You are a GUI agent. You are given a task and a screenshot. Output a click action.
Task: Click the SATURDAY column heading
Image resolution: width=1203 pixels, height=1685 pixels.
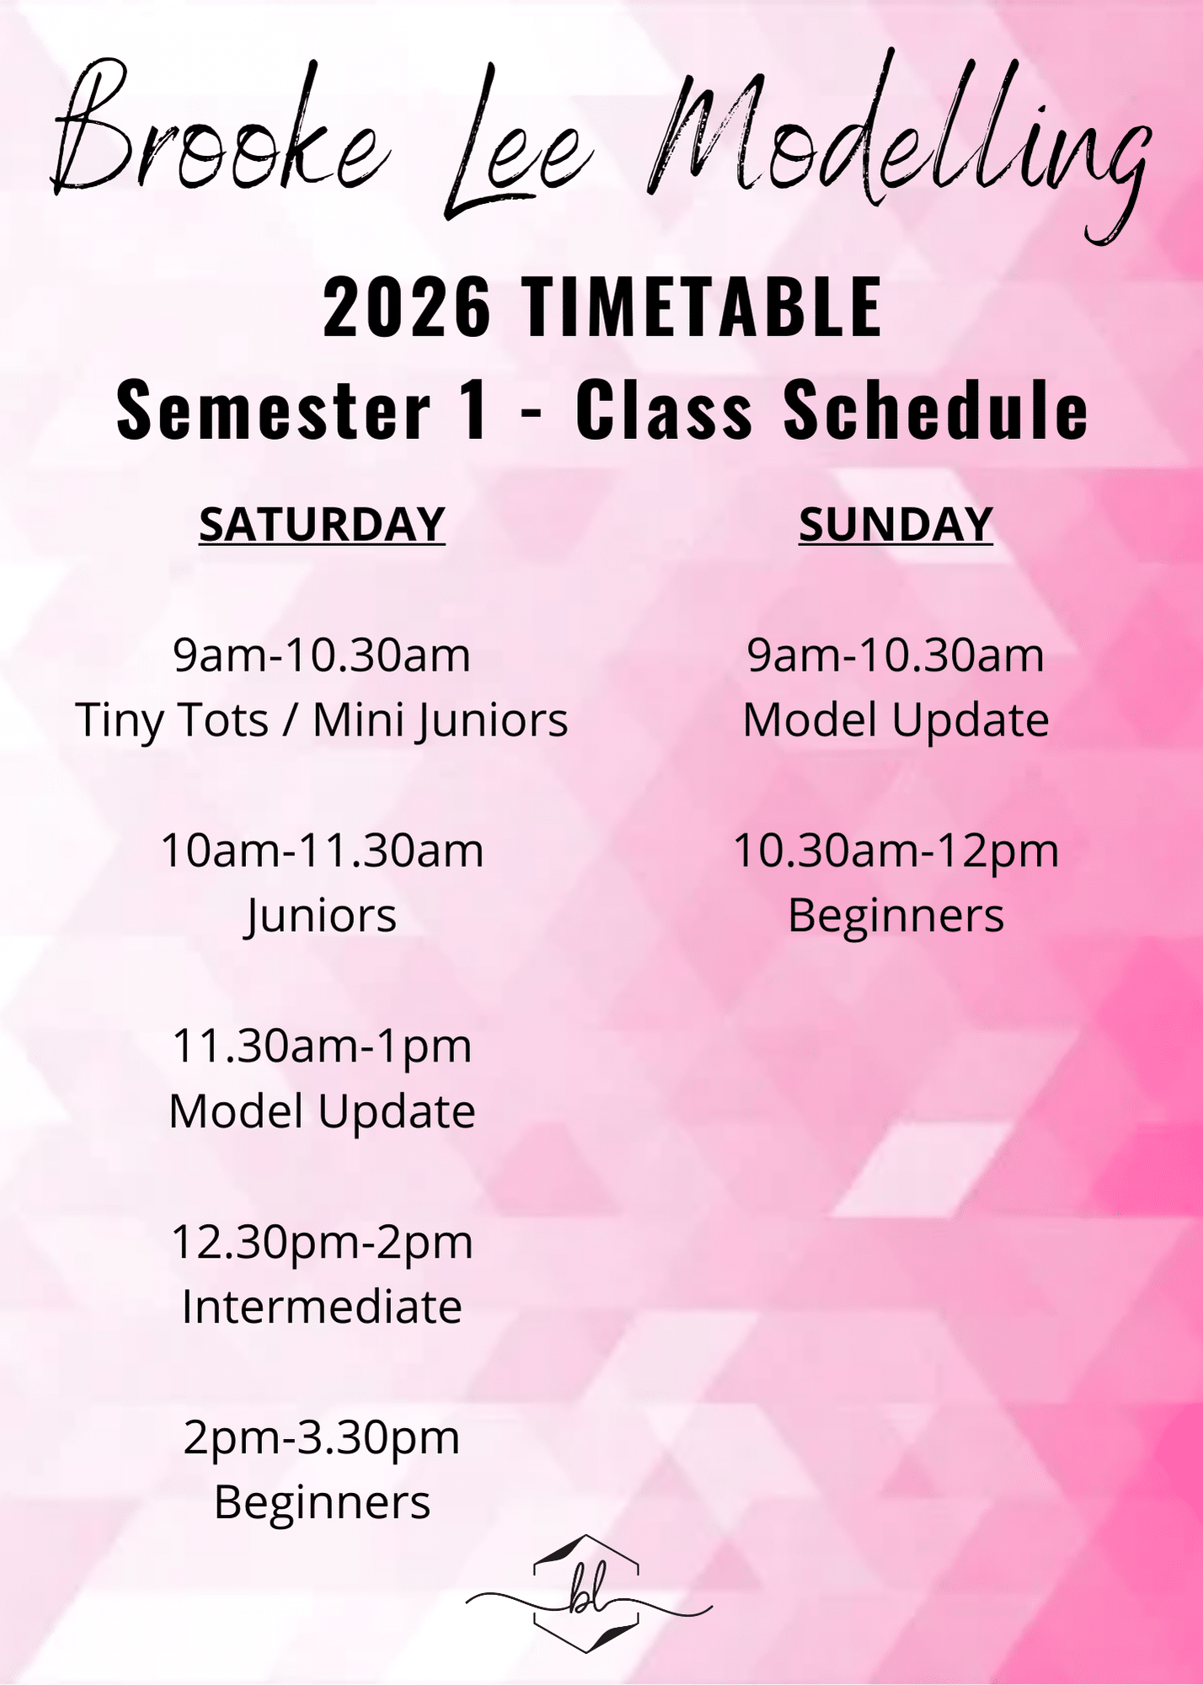pos(322,525)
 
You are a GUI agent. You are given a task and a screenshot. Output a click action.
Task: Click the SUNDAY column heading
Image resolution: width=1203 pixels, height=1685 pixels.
pos(896,525)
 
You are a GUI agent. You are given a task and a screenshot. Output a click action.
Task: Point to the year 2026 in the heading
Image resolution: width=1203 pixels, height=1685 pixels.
pos(407,308)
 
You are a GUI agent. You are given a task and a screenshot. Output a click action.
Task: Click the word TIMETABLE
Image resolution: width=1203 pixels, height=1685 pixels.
pos(702,308)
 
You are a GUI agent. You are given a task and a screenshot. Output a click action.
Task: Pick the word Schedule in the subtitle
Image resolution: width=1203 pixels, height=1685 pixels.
pos(936,410)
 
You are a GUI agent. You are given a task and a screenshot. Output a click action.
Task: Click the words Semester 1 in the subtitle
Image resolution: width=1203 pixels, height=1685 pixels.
pos(302,410)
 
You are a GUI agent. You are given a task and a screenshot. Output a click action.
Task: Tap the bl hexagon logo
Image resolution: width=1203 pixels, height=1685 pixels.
pos(588,1593)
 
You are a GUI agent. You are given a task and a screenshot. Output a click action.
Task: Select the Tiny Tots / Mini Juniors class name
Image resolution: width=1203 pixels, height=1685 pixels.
pos(322,721)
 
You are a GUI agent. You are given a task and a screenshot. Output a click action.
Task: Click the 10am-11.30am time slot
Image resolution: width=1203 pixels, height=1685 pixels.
pos(322,851)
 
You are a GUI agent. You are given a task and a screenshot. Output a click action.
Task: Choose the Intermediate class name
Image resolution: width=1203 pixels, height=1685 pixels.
pos(322,1307)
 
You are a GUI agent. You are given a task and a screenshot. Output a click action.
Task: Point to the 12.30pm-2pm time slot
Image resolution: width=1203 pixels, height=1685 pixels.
pos(322,1244)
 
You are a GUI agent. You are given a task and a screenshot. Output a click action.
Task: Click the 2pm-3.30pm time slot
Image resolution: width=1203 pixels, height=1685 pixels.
pos(322,1439)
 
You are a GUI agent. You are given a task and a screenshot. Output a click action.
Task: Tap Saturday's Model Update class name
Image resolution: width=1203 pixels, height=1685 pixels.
pos(322,1112)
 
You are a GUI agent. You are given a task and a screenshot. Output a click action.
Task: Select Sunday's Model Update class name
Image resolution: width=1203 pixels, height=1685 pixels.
pos(896,721)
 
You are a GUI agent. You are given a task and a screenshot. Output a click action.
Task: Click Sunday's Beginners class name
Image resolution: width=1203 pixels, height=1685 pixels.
pos(896,917)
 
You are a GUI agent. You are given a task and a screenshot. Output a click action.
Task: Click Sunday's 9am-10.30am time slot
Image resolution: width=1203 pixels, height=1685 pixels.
pos(896,656)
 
